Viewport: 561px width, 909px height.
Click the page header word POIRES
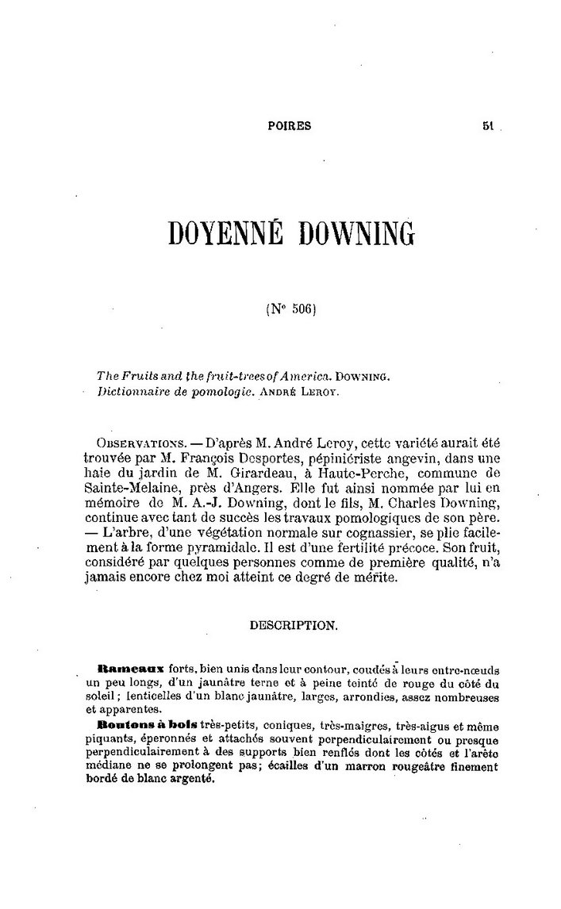pyautogui.click(x=290, y=125)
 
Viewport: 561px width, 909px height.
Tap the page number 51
pyautogui.click(x=488, y=125)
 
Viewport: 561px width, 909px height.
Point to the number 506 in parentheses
pyautogui.click(x=296, y=310)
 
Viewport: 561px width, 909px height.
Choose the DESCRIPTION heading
pyautogui.click(x=294, y=625)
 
